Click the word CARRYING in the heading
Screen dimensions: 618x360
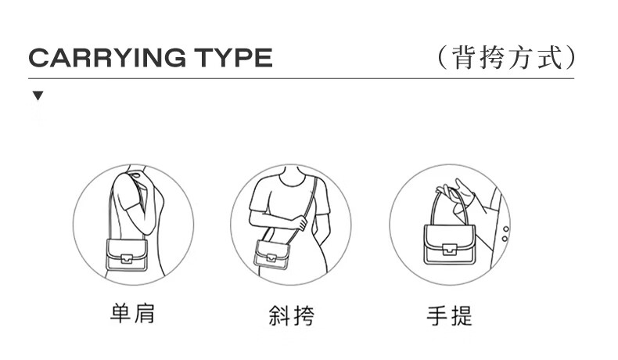pyautogui.click(x=107, y=58)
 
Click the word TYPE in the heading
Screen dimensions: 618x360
pyautogui.click(x=234, y=58)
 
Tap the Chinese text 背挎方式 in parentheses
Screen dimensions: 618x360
pyautogui.click(x=506, y=58)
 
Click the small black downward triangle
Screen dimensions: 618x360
pyautogui.click(x=38, y=95)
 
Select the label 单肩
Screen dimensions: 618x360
pyautogui.click(x=132, y=314)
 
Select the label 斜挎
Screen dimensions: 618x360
pyautogui.click(x=292, y=315)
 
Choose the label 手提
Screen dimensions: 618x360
pyautogui.click(x=450, y=315)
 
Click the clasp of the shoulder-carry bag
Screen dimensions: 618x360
pyautogui.click(x=127, y=259)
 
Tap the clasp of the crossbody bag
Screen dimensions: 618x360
pyautogui.click(x=271, y=257)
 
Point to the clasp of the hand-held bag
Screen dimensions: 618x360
pyautogui.click(x=449, y=249)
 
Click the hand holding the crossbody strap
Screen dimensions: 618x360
pyautogui.click(x=301, y=223)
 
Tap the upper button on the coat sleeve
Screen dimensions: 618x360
pyautogui.click(x=506, y=229)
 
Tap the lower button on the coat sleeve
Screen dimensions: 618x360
pyautogui.click(x=505, y=239)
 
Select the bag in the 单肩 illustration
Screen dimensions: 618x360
pyautogui.click(x=127, y=254)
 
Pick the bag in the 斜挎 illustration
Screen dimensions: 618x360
pyautogui.click(x=272, y=254)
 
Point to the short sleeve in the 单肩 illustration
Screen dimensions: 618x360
pyautogui.click(x=126, y=193)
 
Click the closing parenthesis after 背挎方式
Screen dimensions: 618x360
pyautogui.click(x=569, y=58)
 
